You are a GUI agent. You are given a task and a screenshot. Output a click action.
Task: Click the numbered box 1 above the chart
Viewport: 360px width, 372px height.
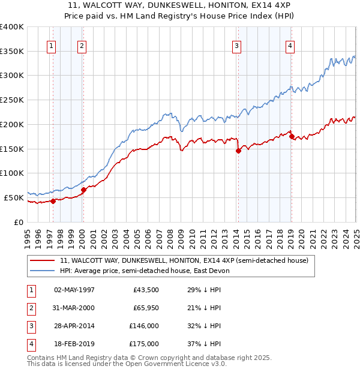coord(52,46)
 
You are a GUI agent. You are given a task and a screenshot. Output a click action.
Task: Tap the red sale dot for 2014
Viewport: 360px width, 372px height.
coord(238,151)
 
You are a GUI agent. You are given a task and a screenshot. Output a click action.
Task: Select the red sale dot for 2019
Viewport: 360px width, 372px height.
coord(292,137)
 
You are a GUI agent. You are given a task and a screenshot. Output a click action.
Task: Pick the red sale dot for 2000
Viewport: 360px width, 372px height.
coord(83,190)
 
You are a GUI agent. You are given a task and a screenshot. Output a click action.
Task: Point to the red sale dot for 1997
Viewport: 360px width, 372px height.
coord(53,201)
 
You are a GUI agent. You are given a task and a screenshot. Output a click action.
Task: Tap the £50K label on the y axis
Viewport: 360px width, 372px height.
coord(13,197)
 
